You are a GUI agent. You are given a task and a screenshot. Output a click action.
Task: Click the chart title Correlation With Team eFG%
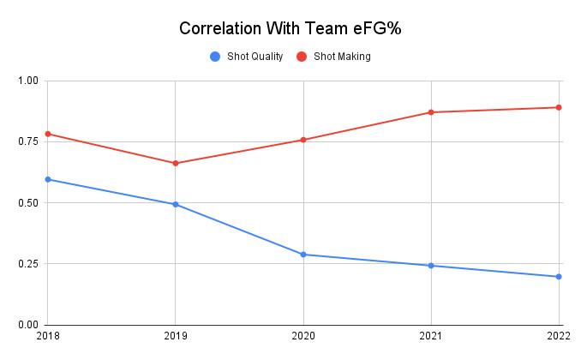(x=290, y=28)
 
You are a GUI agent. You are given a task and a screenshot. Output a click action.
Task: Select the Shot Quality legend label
(x=255, y=57)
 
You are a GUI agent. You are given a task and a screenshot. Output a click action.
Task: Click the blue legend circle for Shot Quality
(x=215, y=57)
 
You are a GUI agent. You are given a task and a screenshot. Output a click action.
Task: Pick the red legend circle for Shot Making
(x=301, y=57)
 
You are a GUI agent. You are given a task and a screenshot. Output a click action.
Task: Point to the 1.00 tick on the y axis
(x=28, y=81)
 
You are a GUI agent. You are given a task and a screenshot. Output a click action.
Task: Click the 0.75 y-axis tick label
(x=28, y=141)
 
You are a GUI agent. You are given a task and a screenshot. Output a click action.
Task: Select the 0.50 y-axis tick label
(x=28, y=203)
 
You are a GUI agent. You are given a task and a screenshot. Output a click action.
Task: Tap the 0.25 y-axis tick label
(x=28, y=264)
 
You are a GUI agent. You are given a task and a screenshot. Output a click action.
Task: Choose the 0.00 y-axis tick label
(x=28, y=325)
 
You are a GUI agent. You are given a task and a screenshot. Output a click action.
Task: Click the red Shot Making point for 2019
(x=176, y=163)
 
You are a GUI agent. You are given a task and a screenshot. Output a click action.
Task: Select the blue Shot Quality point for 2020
(x=303, y=255)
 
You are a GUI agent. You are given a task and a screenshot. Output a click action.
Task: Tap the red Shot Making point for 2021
(x=431, y=112)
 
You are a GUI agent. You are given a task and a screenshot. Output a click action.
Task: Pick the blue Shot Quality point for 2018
(x=48, y=179)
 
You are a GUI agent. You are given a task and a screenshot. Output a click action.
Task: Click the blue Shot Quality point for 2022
(x=559, y=277)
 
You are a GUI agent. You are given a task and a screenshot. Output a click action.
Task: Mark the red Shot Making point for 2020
(x=303, y=140)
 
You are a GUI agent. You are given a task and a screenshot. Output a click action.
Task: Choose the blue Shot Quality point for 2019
(x=176, y=204)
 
